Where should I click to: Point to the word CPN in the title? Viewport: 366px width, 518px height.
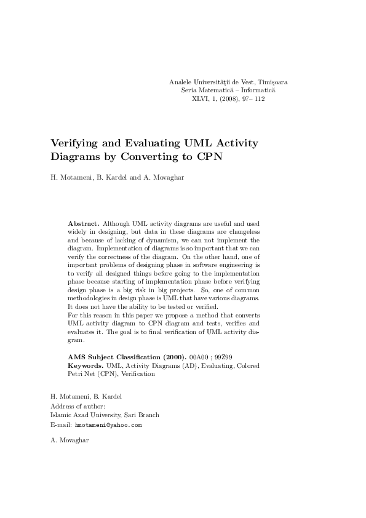[209, 156]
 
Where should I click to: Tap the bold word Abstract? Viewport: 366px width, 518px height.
[84, 223]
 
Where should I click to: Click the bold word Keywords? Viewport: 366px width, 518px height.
[86, 365]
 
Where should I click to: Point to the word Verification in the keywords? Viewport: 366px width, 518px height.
[138, 373]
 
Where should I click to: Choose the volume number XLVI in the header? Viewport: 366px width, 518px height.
[202, 98]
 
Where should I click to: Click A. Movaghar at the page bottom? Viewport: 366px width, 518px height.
[70, 440]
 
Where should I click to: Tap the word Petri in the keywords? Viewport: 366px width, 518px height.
[76, 373]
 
